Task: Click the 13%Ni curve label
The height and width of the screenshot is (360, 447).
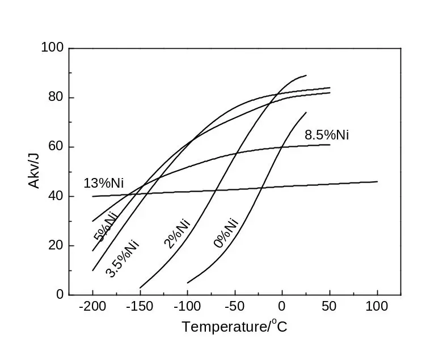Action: coord(103,184)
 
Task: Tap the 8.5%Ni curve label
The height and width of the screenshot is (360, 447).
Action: coord(326,135)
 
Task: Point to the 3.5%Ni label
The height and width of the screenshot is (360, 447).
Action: coord(123,259)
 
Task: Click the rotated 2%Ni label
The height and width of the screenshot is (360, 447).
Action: coord(176,233)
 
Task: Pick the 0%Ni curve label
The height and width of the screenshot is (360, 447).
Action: coord(225,232)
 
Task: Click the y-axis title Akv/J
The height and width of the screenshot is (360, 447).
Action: coord(35,171)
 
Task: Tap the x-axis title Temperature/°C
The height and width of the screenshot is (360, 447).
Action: coord(234,327)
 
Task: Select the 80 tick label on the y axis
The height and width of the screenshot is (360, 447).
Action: coord(56,98)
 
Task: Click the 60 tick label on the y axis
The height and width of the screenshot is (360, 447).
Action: coord(56,147)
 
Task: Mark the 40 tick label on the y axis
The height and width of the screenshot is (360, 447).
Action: coord(56,196)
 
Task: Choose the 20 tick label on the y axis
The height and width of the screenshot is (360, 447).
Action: coord(56,245)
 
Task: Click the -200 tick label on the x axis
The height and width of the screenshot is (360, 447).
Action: coord(92,307)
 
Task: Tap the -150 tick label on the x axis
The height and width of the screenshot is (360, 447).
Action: coord(140,307)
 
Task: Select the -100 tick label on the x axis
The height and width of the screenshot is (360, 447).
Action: coord(187,307)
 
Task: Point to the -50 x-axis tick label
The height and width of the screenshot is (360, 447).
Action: coord(234,307)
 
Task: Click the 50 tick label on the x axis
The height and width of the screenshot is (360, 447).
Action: coord(330,307)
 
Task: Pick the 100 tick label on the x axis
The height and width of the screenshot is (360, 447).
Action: coord(377,307)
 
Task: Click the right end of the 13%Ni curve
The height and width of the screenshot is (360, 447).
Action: coord(377,181)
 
